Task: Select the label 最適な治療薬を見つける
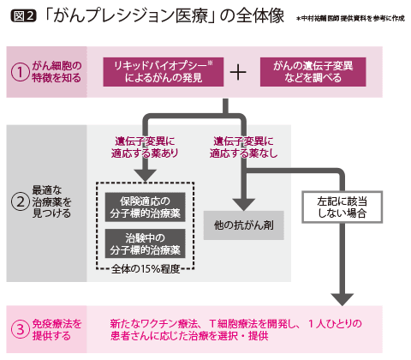click(x=56, y=204)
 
